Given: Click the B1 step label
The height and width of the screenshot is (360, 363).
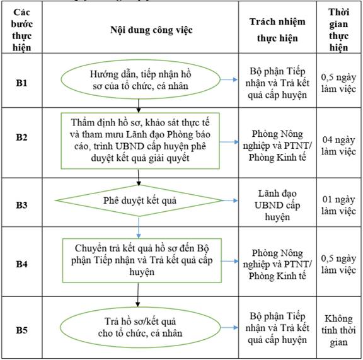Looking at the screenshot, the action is pos(21,83).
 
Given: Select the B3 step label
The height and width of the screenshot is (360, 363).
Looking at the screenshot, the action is pos(21,205).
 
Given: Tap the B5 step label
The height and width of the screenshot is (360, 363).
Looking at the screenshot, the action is pos(21,330).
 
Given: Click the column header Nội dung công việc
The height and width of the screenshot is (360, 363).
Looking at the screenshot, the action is pos(151,30).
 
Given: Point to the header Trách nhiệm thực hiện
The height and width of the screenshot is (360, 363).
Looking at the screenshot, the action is pos(277,30).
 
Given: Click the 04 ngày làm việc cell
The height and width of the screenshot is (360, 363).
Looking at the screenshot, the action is pos(338,146).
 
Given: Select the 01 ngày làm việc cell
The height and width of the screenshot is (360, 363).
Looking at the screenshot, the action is pos(338,205).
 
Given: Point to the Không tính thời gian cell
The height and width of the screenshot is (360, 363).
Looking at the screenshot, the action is pos(338,330).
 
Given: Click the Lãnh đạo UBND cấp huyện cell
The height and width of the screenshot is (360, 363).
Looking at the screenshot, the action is pos(277,206).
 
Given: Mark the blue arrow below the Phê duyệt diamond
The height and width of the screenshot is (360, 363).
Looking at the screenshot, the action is pos(139,228).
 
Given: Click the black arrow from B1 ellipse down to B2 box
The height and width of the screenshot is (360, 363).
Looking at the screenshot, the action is pos(139,106).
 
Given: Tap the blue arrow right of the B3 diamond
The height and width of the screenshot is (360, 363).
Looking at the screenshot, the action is pos(230,200).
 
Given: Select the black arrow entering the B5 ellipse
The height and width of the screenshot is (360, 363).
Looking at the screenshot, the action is pos(138,295).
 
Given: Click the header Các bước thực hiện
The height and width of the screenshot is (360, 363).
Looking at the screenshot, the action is pos(21,30).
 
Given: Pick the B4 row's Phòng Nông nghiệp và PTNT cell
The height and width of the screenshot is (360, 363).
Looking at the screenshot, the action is pos(277,264).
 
